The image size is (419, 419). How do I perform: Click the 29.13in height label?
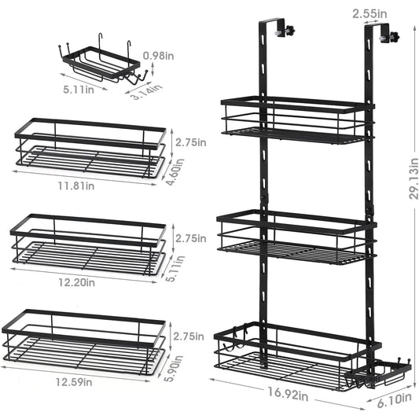coord(413,178)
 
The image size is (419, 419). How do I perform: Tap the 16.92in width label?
coord(289,394)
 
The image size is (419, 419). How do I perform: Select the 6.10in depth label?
coord(394,400)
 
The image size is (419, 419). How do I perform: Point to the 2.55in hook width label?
coord(369,13)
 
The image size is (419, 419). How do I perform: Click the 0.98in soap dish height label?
coord(158,56)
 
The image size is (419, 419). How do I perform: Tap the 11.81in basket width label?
coord(76,186)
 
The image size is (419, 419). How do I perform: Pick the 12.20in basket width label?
coord(76,282)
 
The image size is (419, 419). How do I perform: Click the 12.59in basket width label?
coord(74,382)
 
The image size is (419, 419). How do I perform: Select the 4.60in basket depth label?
coord(175,172)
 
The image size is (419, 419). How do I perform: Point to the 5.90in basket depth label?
coord(175,369)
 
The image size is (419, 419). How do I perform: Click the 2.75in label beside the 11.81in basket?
coord(191,142)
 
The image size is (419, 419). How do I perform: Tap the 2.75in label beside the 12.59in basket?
coord(189,336)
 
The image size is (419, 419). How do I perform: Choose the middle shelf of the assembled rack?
coord(297,237)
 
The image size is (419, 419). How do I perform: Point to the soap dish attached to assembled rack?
coord(377,373)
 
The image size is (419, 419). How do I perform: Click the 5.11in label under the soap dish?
coord(79,89)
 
